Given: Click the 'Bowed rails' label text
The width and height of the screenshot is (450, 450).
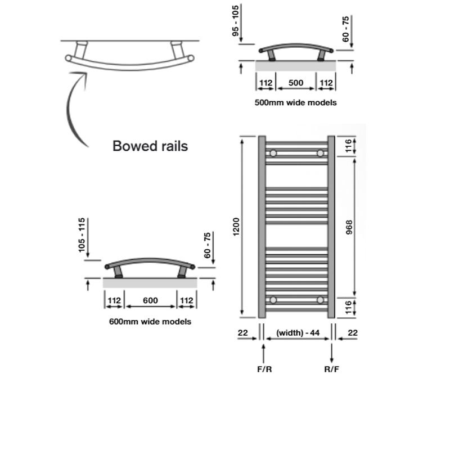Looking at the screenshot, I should pyautogui.click(x=150, y=146).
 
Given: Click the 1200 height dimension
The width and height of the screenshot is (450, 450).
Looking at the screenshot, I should pyautogui.click(x=237, y=225).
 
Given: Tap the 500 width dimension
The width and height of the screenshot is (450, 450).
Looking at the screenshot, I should pyautogui.click(x=296, y=83).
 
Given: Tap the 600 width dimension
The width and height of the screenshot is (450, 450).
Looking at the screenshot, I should pyautogui.click(x=150, y=300).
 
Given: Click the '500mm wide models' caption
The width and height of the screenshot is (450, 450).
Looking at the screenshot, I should pyautogui.click(x=296, y=102).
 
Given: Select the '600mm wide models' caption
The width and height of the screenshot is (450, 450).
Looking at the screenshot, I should pyautogui.click(x=150, y=322).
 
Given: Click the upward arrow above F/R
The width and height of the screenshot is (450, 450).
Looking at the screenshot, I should pyautogui.click(x=264, y=353).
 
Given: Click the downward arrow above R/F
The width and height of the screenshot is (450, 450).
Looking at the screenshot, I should pyautogui.click(x=332, y=353).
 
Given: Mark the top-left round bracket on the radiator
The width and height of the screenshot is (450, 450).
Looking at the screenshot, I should pyautogui.click(x=273, y=153).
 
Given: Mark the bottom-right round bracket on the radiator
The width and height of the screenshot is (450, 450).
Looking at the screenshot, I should pyautogui.click(x=321, y=300).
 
